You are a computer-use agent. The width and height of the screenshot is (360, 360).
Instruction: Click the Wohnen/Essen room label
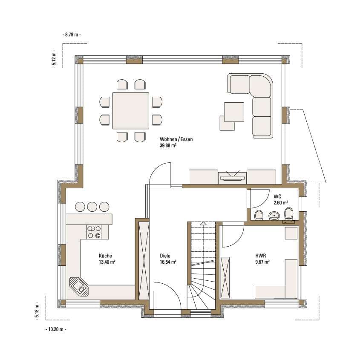click(176, 139)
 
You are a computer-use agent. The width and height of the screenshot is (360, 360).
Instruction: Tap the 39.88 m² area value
click(168, 145)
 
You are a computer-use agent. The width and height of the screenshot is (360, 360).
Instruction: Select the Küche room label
click(105, 256)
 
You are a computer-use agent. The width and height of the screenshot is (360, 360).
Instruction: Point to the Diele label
click(165, 256)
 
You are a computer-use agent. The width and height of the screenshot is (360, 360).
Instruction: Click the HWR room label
click(261, 256)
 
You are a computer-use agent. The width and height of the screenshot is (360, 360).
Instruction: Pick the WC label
click(277, 197)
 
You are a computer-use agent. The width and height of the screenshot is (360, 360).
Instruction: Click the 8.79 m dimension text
click(72, 35)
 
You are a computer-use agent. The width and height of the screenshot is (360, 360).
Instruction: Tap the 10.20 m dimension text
click(56, 329)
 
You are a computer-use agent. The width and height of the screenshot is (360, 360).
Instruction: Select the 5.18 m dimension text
click(37, 311)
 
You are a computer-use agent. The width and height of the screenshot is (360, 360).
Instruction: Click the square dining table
click(131, 111)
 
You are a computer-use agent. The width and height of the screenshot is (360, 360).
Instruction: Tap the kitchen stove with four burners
click(94, 232)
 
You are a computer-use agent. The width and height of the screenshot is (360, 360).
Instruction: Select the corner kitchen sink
click(79, 287)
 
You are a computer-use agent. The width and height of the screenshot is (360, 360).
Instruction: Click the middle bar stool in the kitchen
click(92, 207)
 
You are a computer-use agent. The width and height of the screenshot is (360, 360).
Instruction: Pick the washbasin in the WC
click(274, 216)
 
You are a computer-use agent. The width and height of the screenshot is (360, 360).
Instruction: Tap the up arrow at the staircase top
click(203, 223)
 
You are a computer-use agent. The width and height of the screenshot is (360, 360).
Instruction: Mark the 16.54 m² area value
click(168, 262)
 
